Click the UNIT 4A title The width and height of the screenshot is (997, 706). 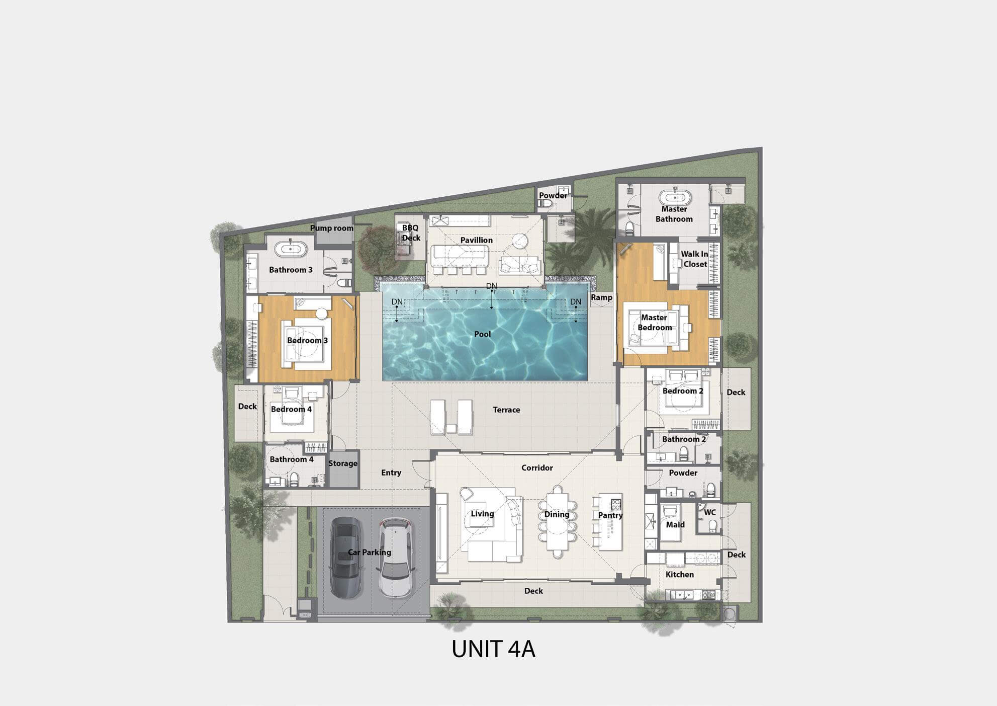coord(493,649)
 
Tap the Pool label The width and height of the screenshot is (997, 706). coord(483,334)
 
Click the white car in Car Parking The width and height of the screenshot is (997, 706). coord(396,558)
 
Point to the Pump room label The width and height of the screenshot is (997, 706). coord(332,228)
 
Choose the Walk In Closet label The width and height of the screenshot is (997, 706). coord(695,259)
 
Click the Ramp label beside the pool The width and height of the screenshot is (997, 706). coord(601,297)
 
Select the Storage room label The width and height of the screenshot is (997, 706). coord(343,463)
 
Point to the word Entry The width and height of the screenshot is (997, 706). coord(391,473)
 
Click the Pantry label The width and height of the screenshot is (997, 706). coord(610,515)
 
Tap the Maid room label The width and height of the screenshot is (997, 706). coord(675,524)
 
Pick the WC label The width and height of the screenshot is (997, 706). coord(709,513)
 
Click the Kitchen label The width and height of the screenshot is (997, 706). coord(680,574)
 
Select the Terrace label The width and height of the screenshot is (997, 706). coord(506,410)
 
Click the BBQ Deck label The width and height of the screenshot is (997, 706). coord(411,233)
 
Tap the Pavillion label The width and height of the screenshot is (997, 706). coord(477,240)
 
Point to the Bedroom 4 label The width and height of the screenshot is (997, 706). coord(291,409)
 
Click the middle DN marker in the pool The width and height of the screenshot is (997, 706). coord(491,286)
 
